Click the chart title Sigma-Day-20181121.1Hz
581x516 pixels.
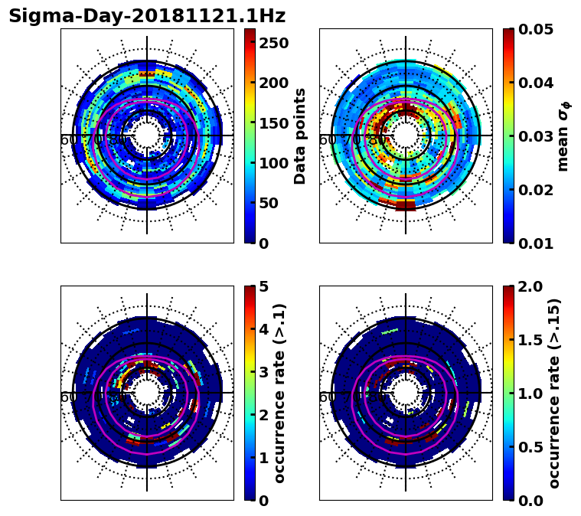(146, 16)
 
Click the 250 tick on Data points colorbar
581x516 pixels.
(274, 43)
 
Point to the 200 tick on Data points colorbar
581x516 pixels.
(274, 83)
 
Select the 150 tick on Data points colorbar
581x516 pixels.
(274, 123)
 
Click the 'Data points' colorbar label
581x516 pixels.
(300, 136)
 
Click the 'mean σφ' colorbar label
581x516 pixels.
(563, 136)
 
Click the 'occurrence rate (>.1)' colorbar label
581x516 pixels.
(280, 393)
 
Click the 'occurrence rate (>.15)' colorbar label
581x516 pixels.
(554, 393)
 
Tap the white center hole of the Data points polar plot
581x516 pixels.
(147, 136)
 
